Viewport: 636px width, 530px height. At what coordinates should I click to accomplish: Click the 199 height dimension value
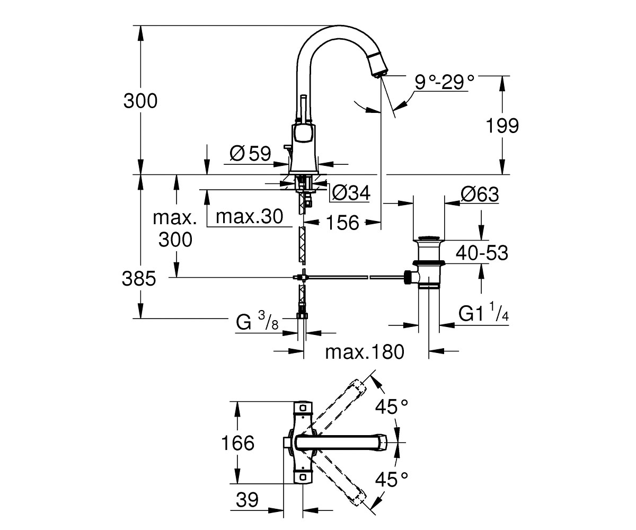pyautogui.click(x=502, y=126)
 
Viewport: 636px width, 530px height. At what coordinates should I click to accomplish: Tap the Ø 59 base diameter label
pyautogui.click(x=250, y=153)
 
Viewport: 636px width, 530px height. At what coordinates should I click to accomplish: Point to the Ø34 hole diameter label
pyautogui.click(x=351, y=192)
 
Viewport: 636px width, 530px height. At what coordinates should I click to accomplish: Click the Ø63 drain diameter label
pyautogui.click(x=480, y=194)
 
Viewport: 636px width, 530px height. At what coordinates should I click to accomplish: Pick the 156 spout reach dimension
pyautogui.click(x=342, y=223)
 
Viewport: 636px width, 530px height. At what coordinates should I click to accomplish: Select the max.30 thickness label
pyautogui.click(x=249, y=217)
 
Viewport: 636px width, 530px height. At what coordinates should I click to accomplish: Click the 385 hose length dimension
pyautogui.click(x=139, y=278)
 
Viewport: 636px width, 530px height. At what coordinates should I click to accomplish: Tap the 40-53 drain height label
pyautogui.click(x=482, y=253)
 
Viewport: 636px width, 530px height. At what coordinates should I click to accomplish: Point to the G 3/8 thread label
pyautogui.click(x=257, y=321)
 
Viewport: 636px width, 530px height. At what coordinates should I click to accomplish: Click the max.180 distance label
pyautogui.click(x=365, y=352)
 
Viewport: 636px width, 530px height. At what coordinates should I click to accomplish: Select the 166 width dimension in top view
pyautogui.click(x=237, y=443)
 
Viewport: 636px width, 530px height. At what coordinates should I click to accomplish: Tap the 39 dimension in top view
pyautogui.click(x=247, y=500)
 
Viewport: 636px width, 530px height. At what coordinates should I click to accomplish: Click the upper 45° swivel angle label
pyautogui.click(x=392, y=407)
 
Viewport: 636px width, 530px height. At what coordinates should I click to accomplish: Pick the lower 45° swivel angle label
pyautogui.click(x=392, y=479)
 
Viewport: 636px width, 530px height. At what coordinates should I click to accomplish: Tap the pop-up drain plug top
pyautogui.click(x=429, y=238)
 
